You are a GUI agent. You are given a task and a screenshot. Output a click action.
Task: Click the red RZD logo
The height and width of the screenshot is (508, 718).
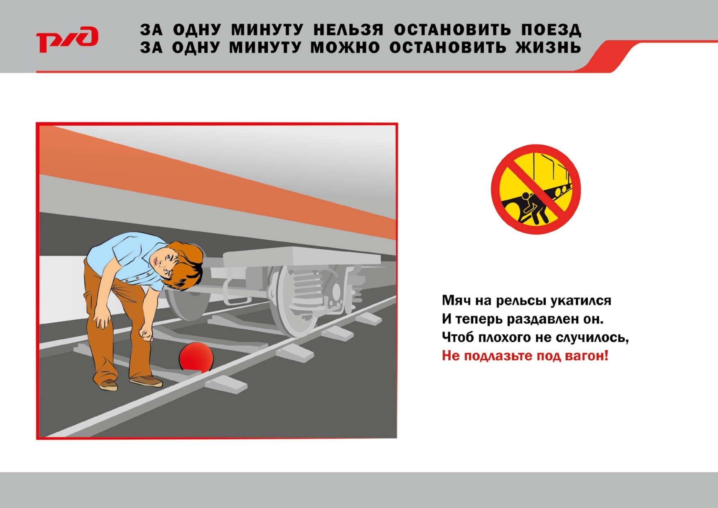(x=67, y=39)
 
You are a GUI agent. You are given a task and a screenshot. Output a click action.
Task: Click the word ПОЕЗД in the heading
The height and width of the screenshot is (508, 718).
(x=551, y=30)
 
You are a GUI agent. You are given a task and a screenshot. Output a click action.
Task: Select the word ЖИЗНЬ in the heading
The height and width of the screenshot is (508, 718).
(x=548, y=47)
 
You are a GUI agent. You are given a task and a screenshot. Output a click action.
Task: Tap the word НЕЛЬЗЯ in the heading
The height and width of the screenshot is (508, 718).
(x=348, y=30)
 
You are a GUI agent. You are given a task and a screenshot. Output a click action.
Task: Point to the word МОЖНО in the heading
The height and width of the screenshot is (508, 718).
(x=345, y=47)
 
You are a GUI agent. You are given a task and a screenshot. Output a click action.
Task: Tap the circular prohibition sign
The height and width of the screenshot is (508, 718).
(x=536, y=189)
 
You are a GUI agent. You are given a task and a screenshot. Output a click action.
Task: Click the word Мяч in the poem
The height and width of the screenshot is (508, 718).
(x=456, y=300)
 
